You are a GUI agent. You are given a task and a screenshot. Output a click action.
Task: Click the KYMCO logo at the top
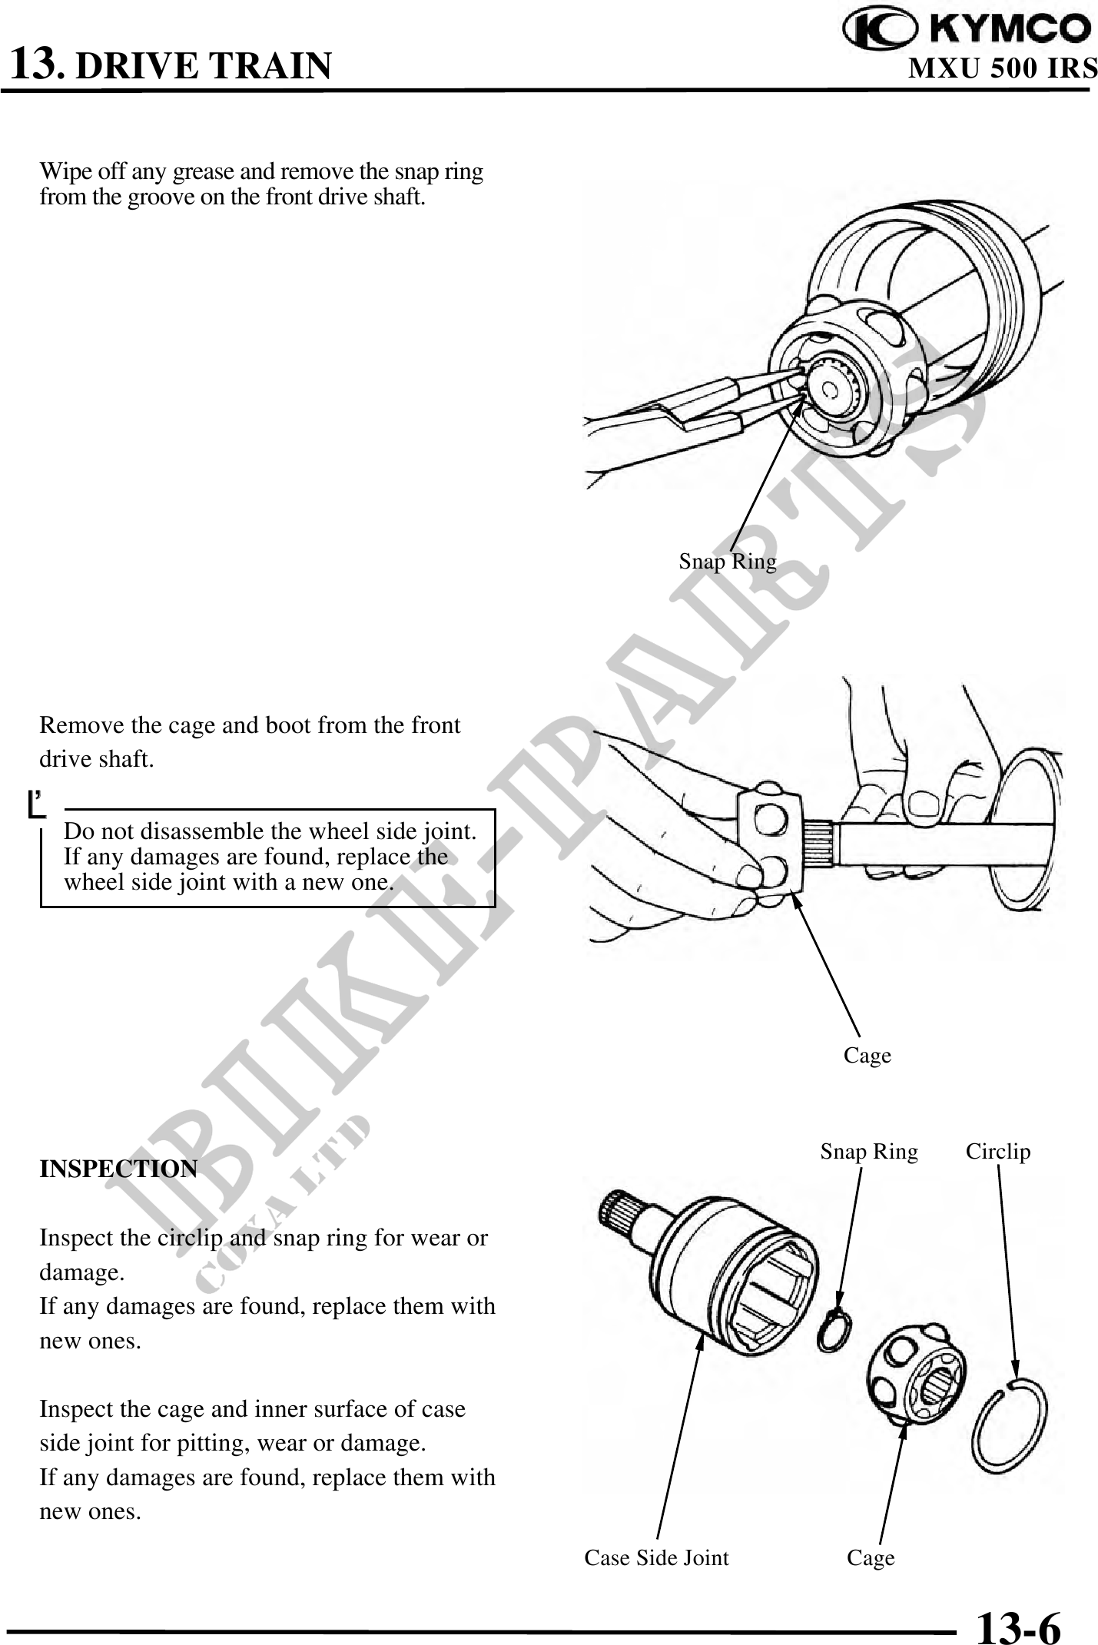click(x=967, y=30)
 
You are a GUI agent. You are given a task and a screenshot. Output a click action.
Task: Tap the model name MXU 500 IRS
click(x=1003, y=69)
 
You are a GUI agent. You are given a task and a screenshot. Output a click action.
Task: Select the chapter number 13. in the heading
click(x=36, y=63)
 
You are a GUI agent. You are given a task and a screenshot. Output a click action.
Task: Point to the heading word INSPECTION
click(x=118, y=1169)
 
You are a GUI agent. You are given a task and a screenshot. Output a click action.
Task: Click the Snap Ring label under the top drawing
click(x=727, y=562)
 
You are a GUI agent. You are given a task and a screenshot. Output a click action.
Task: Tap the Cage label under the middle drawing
click(x=867, y=1055)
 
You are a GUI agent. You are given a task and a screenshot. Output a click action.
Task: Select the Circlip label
click(x=997, y=1151)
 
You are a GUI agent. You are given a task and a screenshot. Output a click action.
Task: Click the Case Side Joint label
click(x=656, y=1557)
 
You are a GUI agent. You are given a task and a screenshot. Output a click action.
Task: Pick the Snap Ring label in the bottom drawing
click(x=868, y=1151)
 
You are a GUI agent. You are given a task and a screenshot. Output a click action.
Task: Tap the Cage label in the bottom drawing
click(x=871, y=1557)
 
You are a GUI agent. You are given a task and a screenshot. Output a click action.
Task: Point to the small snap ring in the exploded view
click(x=834, y=1331)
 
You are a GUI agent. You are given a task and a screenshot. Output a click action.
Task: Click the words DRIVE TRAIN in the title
click(x=204, y=66)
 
